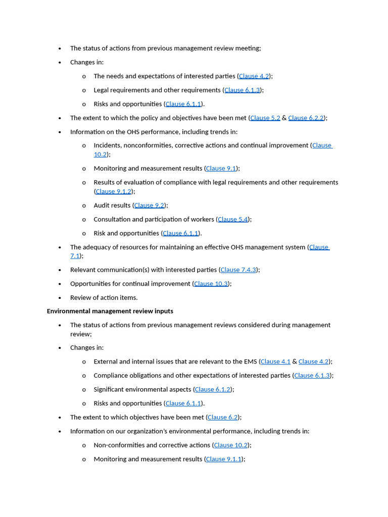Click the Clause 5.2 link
click(265, 118)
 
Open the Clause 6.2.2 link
click(306, 118)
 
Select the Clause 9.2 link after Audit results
click(149, 205)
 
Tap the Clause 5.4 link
click(233, 220)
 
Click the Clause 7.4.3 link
click(238, 270)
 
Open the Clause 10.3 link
click(211, 284)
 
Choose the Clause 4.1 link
click(275, 362)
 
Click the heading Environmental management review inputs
click(110, 312)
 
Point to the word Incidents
click(108, 145)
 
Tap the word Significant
click(108, 390)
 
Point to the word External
click(105, 362)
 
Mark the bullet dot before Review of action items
click(60, 298)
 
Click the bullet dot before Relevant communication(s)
click(60, 270)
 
